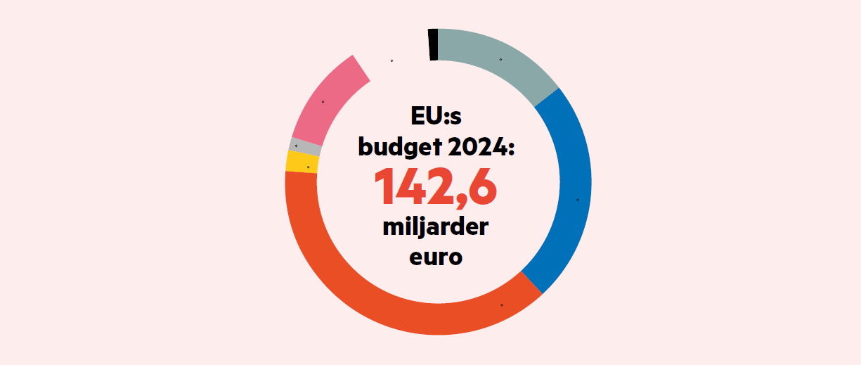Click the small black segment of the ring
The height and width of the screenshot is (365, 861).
tap(433, 44)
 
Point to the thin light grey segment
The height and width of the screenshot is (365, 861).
tap(304, 147)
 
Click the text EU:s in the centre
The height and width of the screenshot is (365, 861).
tap(436, 116)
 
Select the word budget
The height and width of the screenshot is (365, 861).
tap(397, 147)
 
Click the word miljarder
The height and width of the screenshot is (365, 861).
tap(436, 228)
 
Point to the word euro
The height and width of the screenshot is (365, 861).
tap(436, 257)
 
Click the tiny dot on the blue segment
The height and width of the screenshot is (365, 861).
tap(578, 200)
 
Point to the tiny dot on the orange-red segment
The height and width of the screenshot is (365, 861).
tap(502, 305)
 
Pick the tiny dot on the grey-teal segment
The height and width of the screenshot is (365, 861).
tap(500, 59)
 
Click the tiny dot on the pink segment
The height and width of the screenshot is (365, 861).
tap(323, 102)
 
